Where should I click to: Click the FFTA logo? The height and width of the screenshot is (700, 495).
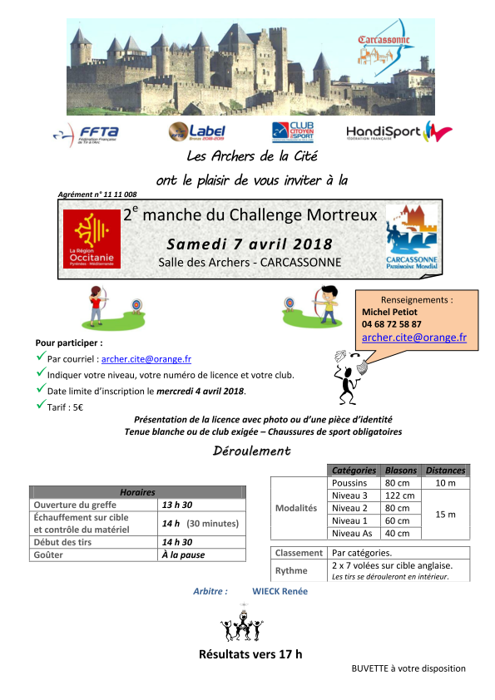(x=86, y=133)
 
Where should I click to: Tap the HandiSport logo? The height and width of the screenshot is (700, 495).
(x=398, y=133)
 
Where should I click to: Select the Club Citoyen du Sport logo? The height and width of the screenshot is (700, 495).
(x=291, y=132)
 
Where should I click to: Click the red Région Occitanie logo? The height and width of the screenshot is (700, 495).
(x=92, y=239)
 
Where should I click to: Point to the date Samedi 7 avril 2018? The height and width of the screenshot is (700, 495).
(x=250, y=244)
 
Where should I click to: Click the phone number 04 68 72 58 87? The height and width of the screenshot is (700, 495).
(x=392, y=323)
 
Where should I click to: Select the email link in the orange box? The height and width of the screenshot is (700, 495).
(x=413, y=338)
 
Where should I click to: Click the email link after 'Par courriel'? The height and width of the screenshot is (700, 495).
(x=146, y=359)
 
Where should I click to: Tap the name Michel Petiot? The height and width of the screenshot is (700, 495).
(x=388, y=312)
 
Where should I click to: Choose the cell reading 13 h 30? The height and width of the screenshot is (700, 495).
(x=177, y=505)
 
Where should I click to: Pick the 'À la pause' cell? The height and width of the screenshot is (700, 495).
(x=183, y=555)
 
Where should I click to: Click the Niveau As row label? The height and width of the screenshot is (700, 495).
(x=349, y=533)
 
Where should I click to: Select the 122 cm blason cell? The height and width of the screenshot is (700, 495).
(x=395, y=495)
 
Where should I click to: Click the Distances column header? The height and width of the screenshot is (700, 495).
(x=446, y=471)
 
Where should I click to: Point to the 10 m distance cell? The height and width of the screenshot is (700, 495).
(x=446, y=483)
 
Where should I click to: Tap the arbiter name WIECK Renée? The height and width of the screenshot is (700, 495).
(x=280, y=591)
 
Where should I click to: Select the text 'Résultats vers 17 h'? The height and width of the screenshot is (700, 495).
(x=250, y=654)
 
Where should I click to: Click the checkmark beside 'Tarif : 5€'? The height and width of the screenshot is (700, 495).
(x=41, y=405)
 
